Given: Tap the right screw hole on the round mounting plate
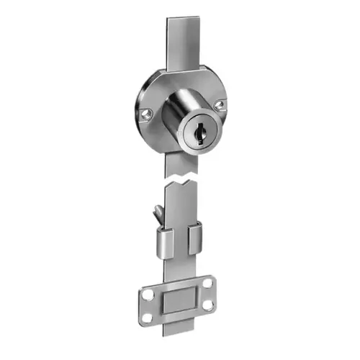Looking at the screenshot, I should tap(220, 105).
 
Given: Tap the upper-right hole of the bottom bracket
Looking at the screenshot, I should tap(207, 284).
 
